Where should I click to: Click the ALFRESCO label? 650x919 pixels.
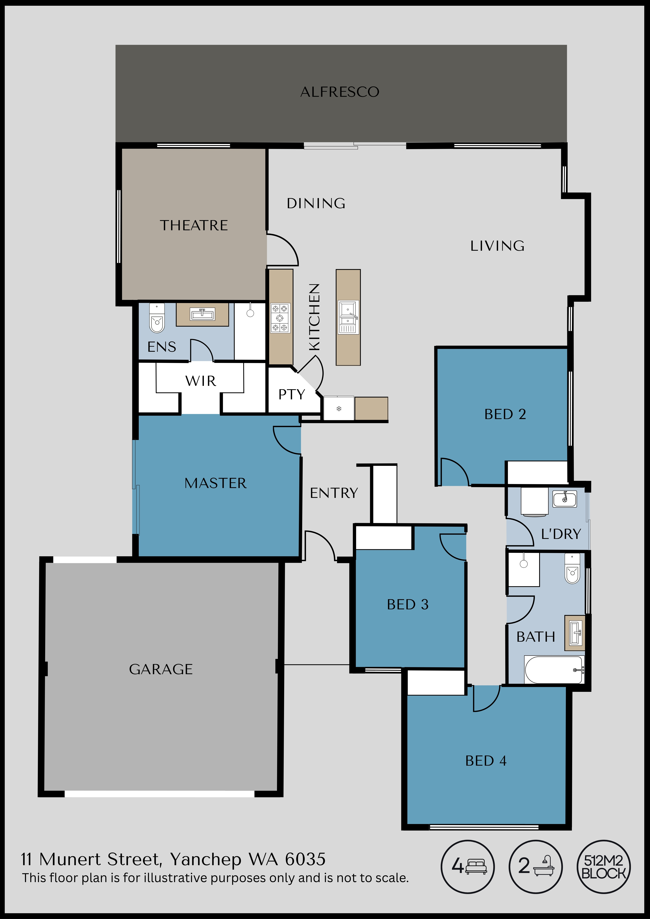click(x=340, y=92)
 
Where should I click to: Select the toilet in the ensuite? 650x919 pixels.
click(x=157, y=318)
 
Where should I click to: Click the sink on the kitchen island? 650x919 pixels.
click(x=348, y=317)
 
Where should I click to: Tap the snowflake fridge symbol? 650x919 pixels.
click(x=339, y=409)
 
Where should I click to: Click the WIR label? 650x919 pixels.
click(x=201, y=381)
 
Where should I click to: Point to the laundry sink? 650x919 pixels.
click(x=565, y=499)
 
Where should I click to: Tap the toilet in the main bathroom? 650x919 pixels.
click(x=572, y=568)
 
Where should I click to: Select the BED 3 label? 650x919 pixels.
click(x=408, y=604)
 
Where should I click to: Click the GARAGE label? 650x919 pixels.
click(x=161, y=669)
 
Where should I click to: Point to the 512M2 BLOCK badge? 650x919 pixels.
click(x=604, y=867)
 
